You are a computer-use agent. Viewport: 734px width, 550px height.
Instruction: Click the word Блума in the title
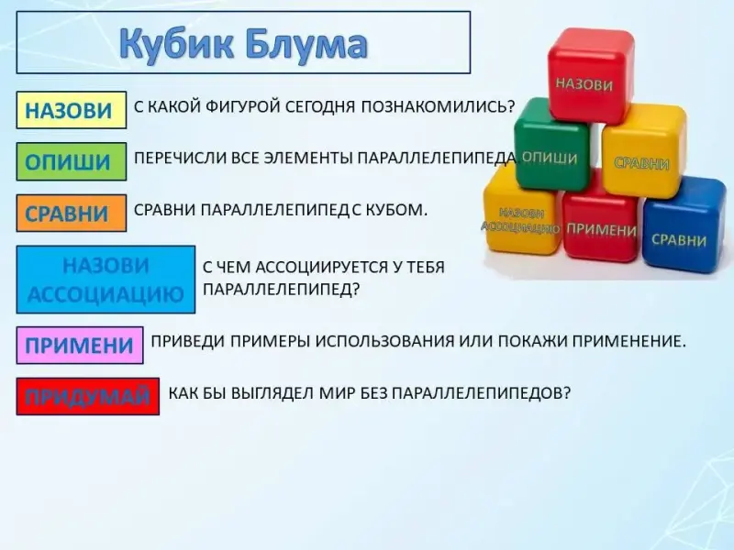point(306,43)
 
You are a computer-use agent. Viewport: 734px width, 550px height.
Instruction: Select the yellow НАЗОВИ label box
point(72,110)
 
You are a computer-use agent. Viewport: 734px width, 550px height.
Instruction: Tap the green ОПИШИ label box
point(72,161)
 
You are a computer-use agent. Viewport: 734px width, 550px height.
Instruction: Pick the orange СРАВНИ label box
point(72,213)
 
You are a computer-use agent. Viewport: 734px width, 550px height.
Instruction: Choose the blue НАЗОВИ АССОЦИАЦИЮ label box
point(106,280)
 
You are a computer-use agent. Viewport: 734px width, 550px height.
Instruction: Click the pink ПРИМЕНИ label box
point(80,346)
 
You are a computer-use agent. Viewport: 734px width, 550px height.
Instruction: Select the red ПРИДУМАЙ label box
point(87,397)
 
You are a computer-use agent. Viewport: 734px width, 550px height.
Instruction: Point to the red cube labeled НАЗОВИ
point(590,75)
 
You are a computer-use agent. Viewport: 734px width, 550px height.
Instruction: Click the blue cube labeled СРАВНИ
point(684,225)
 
